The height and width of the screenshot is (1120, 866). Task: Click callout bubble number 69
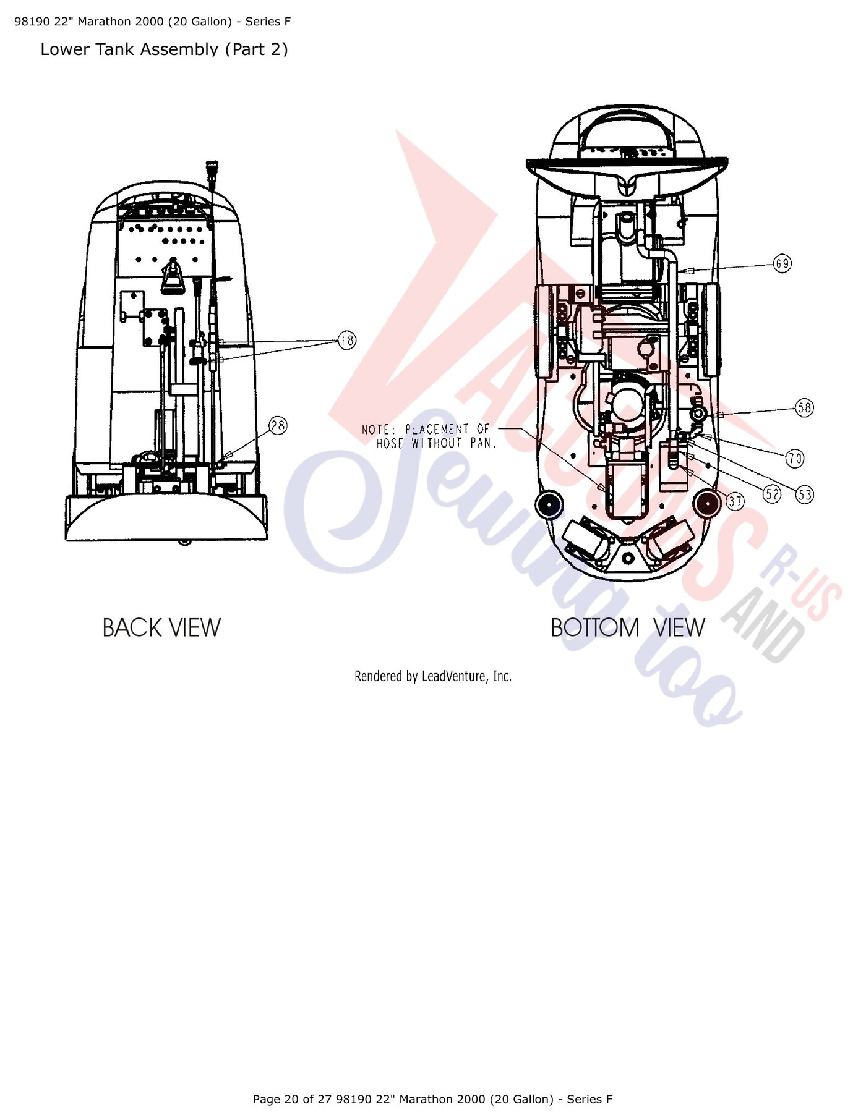click(782, 264)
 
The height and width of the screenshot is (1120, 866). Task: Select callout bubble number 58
click(804, 408)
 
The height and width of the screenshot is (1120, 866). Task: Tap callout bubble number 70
click(795, 458)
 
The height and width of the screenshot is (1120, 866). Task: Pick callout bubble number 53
click(805, 494)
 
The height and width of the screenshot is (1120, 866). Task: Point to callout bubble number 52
click(772, 493)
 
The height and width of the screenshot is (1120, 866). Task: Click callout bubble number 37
click(735, 501)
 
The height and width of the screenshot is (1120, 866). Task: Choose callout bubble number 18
click(347, 340)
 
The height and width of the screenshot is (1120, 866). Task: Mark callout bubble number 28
click(278, 425)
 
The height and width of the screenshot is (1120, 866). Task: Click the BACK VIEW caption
click(161, 627)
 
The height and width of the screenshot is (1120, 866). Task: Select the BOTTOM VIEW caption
click(628, 627)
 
